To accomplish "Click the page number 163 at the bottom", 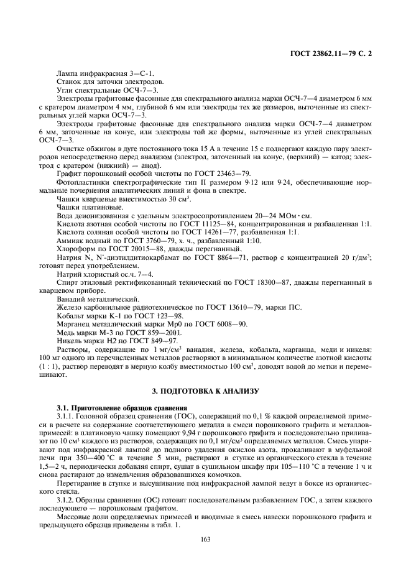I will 205,538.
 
